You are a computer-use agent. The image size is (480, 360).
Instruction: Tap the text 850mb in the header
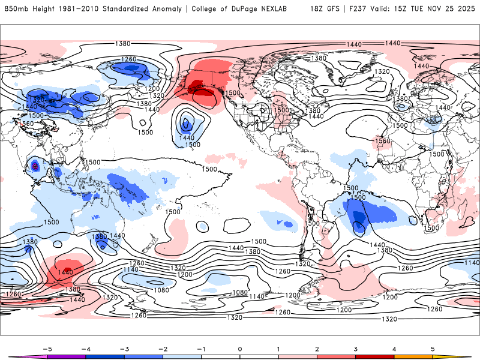coord(15,9)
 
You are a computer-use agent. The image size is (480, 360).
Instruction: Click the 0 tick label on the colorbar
coord(239,349)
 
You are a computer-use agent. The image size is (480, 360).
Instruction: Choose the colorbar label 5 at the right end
coord(433,349)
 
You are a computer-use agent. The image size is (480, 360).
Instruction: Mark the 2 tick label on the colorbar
coord(317,349)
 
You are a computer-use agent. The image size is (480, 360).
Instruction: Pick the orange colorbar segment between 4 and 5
coord(413,357)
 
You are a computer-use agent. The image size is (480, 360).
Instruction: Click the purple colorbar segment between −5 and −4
coord(66,357)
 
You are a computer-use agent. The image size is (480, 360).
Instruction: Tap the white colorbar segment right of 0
coord(259,357)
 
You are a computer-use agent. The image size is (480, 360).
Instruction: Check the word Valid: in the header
coord(380,9)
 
